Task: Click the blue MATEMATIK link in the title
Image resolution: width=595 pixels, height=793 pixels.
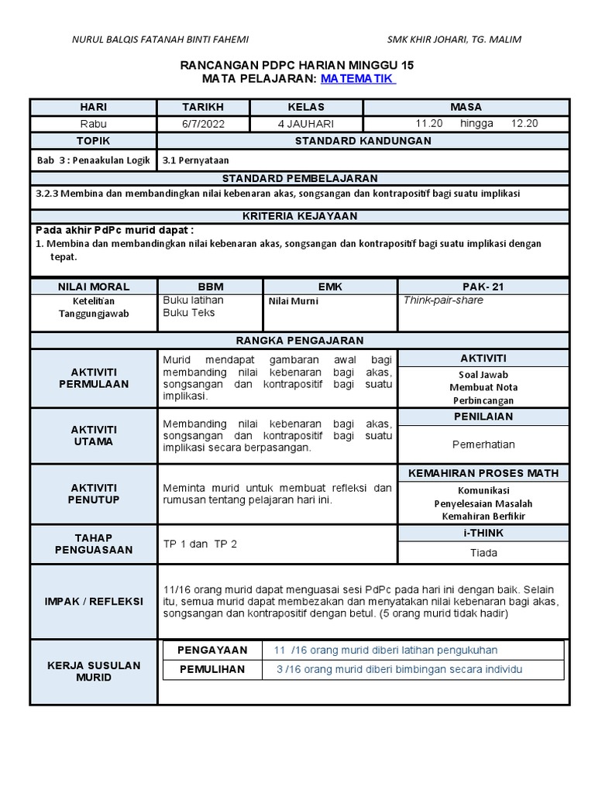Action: point(357,79)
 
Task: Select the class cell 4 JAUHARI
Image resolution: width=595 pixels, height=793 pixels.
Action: point(306,124)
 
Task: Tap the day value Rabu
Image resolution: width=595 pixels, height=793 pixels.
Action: point(93,124)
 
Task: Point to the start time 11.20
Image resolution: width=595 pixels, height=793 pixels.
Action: point(429,124)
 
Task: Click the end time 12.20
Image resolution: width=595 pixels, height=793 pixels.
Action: point(524,124)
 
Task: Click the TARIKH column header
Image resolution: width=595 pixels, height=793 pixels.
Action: point(202,107)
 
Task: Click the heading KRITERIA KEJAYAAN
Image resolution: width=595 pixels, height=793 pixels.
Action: point(299,216)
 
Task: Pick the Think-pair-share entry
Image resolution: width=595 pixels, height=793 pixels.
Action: point(443,300)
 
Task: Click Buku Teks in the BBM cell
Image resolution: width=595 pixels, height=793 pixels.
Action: point(189,313)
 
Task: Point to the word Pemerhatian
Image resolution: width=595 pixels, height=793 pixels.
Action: point(483,445)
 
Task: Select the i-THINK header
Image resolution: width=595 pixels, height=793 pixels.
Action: point(483,533)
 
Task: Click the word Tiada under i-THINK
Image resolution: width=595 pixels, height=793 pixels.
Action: point(483,553)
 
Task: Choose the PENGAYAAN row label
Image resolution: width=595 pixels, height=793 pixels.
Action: point(212,651)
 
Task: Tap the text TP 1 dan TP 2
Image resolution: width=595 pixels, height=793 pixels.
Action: point(200,544)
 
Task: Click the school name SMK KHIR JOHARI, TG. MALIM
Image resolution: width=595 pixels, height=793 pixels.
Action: point(454,39)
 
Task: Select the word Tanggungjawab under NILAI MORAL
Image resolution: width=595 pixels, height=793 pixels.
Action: point(93,314)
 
